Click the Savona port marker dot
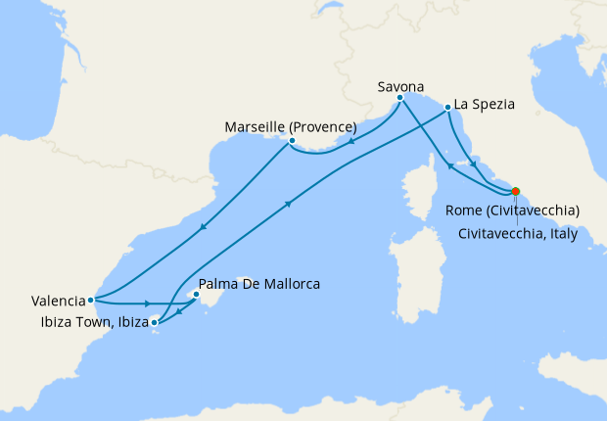tap(400, 98)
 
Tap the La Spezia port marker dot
tap(446, 108)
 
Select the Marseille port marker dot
tap(292, 141)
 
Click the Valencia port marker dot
tap(90, 300)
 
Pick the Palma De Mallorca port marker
tap(197, 294)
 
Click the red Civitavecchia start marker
tap(516, 192)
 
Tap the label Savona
tap(400, 86)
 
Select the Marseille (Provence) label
tap(291, 127)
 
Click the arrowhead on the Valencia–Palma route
tap(147, 304)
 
